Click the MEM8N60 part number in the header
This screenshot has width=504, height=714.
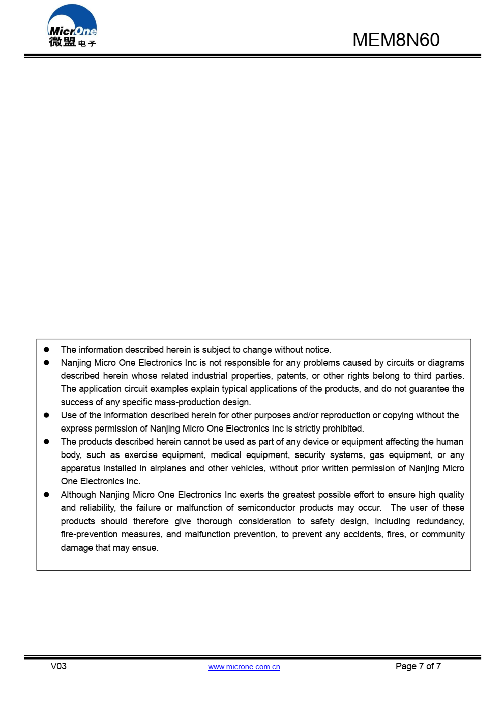396,40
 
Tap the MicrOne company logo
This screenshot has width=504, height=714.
72,26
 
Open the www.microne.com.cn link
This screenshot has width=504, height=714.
244,667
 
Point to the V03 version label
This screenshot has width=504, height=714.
58,666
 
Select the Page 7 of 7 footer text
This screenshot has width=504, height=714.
418,666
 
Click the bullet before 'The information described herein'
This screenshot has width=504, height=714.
46,350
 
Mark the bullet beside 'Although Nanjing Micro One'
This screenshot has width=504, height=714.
46,495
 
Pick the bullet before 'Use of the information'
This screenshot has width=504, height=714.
46,415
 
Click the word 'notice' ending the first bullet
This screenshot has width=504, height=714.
316,350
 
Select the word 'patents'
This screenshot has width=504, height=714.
291,376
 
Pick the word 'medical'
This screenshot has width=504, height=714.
226,455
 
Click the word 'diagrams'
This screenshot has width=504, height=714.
446,363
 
